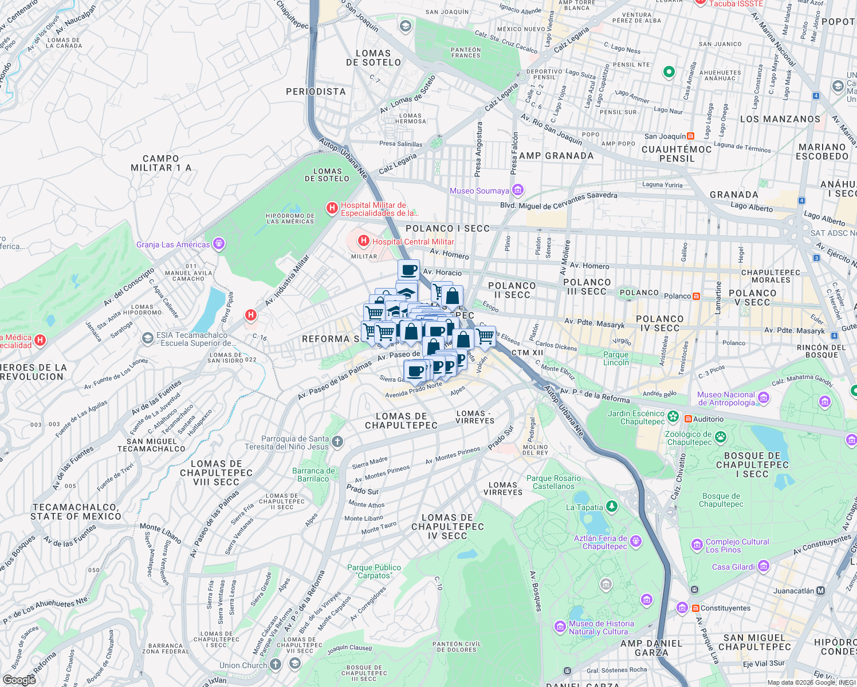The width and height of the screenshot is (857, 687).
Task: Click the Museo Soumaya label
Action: pos(479,191)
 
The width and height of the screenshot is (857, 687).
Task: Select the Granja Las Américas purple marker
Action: pos(218,244)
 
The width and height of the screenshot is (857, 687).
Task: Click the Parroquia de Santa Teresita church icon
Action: pos(337,441)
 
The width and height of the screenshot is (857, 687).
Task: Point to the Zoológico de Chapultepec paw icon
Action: pos(720,438)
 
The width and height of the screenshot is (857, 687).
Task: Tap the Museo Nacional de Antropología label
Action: pos(726,398)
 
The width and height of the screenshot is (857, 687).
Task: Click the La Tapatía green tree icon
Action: pos(612,506)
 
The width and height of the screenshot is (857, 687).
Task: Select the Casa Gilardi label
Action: pos(733,567)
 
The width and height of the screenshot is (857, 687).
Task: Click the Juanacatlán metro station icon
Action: pos(820,590)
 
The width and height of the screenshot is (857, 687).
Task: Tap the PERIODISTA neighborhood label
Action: pos(316,92)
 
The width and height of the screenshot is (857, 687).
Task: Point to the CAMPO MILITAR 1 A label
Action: pos(161,163)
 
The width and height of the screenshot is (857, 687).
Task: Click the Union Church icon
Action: pos(276,664)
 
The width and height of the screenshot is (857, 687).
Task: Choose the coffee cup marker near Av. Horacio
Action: pos(408,269)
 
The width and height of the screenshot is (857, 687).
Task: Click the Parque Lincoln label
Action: pos(616,358)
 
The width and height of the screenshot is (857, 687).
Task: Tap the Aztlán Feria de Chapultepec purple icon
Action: pos(635,542)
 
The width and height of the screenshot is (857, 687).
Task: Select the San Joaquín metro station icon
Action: pos(690,136)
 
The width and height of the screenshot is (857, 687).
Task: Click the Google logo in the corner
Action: pos(19,680)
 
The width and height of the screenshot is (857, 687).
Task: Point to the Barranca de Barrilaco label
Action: pos(313,475)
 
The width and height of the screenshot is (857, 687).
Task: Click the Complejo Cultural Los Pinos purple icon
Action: pos(697,544)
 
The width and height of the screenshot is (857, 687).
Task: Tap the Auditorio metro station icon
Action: pos(687,419)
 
